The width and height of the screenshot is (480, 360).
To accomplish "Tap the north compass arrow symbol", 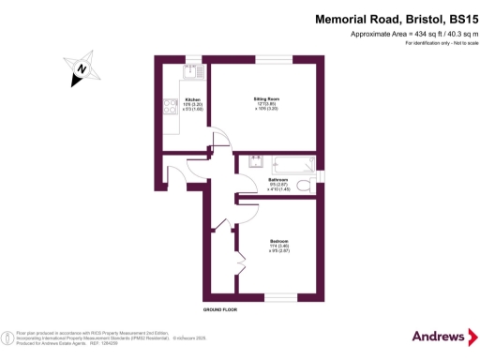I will click(82, 69).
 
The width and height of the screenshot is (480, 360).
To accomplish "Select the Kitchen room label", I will click(193, 102).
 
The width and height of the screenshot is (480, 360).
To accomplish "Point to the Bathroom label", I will click(278, 182).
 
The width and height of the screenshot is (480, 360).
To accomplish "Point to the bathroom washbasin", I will click(253, 161).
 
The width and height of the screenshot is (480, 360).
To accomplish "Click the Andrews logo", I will click(439, 336).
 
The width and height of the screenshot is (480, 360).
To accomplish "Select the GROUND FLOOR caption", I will click(221, 308).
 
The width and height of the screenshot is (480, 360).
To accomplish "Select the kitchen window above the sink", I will click(192, 58).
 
